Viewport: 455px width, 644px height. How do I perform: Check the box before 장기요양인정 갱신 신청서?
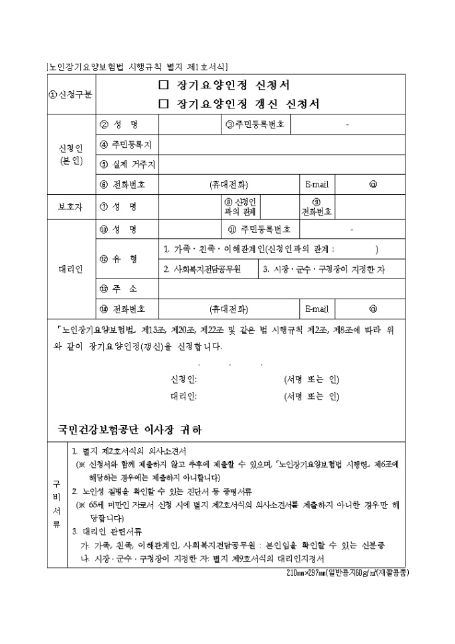click(162, 104)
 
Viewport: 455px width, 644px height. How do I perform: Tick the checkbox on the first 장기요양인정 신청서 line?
click(162, 86)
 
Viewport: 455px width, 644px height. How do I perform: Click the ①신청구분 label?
click(70, 94)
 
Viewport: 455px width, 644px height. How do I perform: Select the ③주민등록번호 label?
click(255, 125)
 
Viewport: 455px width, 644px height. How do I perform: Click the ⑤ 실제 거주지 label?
click(127, 165)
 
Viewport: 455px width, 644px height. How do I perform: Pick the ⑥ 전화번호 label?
click(126, 184)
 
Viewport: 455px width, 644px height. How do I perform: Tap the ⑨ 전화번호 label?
click(316, 206)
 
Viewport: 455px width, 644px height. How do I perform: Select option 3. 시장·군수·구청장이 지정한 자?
click(324, 269)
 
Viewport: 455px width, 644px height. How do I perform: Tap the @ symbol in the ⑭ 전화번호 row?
click(373, 309)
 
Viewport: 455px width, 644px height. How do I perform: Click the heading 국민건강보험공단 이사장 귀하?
click(130, 428)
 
